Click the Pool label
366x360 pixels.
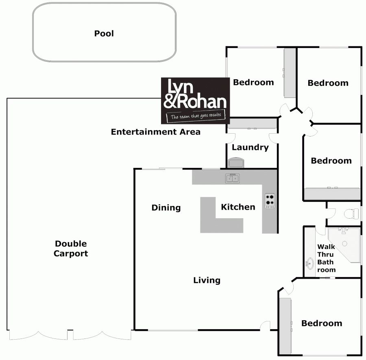104,33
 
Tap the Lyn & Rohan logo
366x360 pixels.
196,100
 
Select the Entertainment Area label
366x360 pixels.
155,132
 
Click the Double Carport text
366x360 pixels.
71,249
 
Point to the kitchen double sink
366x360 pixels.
233,178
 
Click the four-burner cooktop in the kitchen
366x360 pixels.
270,200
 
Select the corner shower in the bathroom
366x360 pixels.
344,244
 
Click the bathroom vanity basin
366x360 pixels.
310,263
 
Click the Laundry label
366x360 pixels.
250,147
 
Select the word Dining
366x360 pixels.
166,208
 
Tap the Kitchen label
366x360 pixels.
238,207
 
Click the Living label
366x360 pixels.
207,280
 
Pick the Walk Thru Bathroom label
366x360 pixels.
327,258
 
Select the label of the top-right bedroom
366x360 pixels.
328,83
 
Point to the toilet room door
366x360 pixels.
331,213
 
